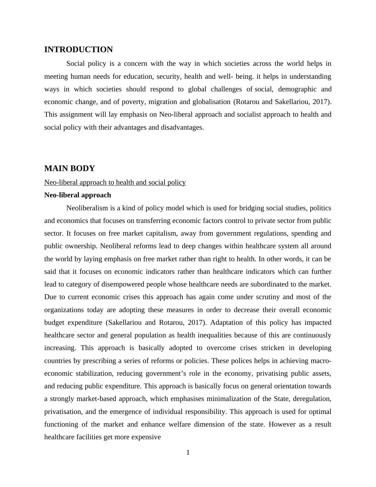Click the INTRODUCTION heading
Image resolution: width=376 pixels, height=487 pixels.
[x=78, y=50]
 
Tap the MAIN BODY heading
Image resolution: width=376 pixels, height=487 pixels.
[x=70, y=169]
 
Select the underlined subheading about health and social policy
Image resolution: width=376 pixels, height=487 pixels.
[x=115, y=182]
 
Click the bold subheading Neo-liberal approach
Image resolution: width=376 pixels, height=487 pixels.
[x=78, y=195]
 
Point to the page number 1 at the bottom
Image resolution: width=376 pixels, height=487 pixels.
[x=188, y=453]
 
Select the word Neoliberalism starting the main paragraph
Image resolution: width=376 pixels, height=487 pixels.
[x=87, y=208]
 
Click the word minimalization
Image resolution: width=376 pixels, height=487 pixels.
[x=228, y=399]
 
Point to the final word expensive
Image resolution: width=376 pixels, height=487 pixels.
[x=146, y=437]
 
